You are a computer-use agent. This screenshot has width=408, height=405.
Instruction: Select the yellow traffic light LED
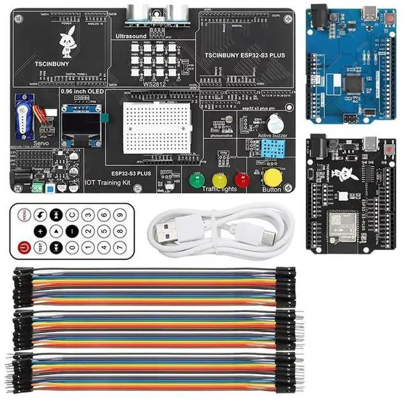point(219,179)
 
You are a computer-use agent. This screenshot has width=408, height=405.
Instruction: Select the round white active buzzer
point(275,123)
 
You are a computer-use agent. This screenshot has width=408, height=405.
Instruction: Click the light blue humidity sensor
point(270,149)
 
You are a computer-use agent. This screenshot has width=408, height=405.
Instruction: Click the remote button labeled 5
point(103,231)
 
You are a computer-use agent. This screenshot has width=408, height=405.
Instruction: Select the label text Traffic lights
point(219,189)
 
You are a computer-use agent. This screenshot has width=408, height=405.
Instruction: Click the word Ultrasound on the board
point(131,36)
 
